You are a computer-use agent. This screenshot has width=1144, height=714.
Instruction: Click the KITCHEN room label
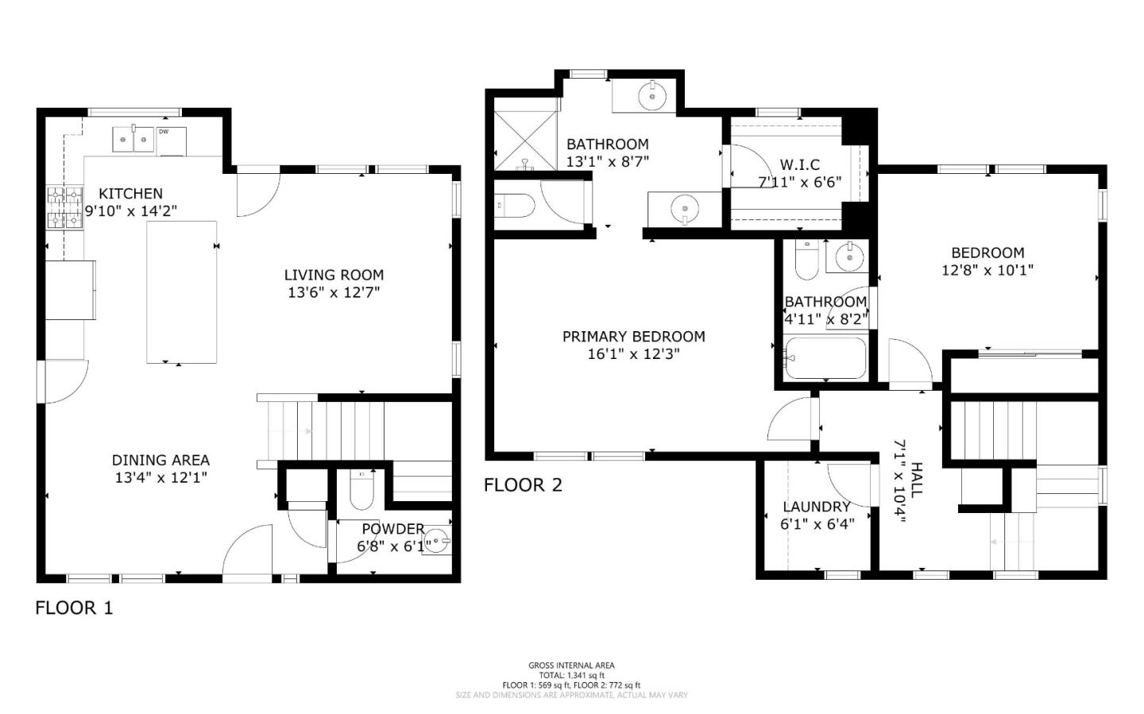[x=131, y=194]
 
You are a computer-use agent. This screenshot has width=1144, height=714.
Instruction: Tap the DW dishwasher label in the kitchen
[x=164, y=132]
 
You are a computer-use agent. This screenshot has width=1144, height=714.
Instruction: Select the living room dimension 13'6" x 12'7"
[x=334, y=292]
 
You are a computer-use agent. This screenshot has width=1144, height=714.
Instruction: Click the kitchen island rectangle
[x=182, y=292]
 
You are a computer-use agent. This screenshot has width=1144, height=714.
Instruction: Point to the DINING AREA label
[x=160, y=460]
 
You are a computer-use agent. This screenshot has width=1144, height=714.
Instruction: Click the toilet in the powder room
[x=362, y=490]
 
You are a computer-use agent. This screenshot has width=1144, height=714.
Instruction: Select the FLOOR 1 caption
[x=74, y=608]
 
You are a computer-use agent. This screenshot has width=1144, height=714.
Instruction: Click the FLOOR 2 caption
[x=523, y=484]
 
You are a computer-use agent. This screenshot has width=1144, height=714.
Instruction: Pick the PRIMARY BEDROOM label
[x=634, y=337]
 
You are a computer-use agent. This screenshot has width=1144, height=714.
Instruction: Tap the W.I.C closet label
[x=800, y=165]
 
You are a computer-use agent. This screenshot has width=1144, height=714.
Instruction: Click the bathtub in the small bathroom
[x=826, y=357]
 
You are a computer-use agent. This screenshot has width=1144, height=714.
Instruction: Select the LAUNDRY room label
[x=817, y=507]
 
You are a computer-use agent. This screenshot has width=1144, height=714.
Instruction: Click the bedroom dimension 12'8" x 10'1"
[x=987, y=270]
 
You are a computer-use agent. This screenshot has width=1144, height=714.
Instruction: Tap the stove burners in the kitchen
[x=65, y=207]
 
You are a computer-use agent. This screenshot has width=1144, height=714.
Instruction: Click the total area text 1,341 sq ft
[x=571, y=675]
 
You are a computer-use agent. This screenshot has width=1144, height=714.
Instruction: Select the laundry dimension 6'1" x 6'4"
[x=817, y=524]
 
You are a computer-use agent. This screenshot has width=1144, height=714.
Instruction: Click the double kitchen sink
[x=133, y=140]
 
